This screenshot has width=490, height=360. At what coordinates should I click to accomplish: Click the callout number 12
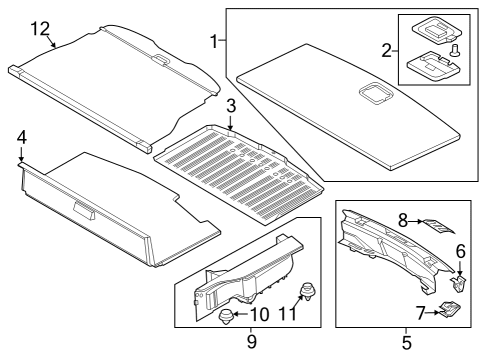39,27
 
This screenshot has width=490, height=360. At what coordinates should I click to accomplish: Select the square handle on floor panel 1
377,96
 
